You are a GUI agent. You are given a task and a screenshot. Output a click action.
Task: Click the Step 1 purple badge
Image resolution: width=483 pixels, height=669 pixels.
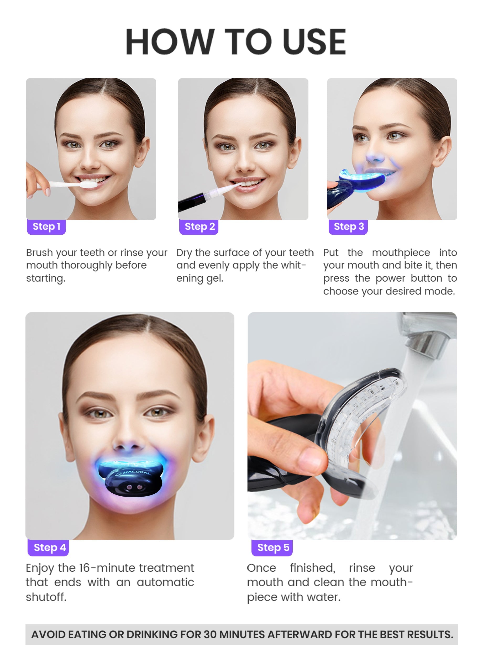click(46, 227)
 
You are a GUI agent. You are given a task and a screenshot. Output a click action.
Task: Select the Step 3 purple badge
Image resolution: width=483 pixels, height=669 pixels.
click(348, 227)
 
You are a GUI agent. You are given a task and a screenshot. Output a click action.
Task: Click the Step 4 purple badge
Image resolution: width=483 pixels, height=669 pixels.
click(48, 548)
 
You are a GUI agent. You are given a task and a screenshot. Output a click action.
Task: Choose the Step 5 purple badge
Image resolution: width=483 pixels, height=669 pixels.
click(272, 548)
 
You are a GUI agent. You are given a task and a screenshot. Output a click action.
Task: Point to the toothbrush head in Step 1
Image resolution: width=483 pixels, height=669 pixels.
click(88, 184)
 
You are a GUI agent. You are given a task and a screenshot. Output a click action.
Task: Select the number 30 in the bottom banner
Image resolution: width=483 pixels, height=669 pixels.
click(210, 634)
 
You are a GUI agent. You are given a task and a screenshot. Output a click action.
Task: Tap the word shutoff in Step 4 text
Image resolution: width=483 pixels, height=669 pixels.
click(46, 597)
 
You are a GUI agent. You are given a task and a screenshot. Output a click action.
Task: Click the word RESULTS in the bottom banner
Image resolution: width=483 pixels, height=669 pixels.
click(430, 634)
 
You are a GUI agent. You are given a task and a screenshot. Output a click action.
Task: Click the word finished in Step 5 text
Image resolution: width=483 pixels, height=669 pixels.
click(312, 568)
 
